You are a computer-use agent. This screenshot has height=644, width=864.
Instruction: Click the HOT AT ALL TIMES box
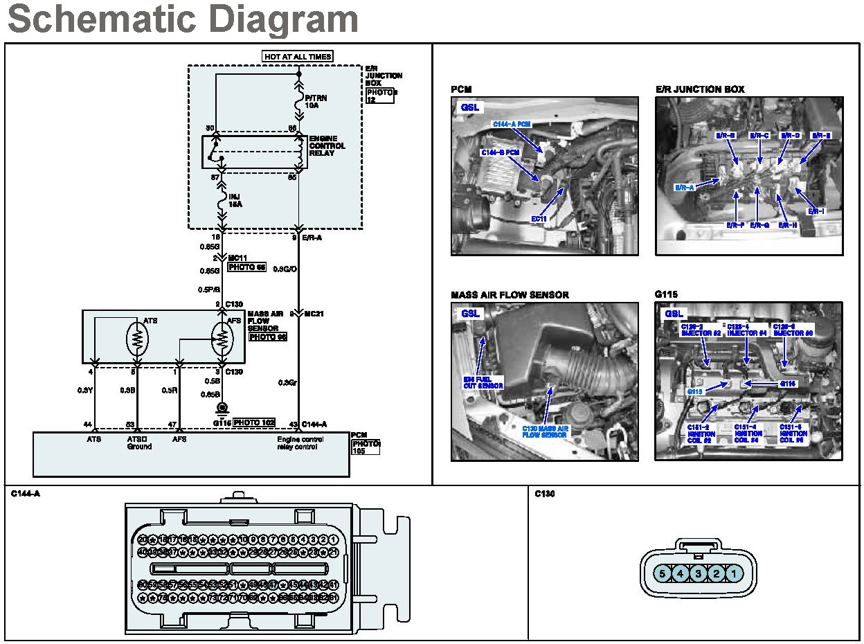coord(298,56)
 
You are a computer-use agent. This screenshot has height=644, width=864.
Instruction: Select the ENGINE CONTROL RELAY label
coord(327,145)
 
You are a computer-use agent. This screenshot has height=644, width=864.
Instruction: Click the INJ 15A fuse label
coord(235,201)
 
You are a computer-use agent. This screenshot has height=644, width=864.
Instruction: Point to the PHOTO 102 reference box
coord(254,422)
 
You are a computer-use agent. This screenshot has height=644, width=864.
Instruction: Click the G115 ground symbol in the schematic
coord(222,408)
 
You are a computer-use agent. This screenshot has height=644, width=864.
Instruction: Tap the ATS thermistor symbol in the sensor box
coord(138,338)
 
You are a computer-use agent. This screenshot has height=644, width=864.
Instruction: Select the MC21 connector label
coord(314,314)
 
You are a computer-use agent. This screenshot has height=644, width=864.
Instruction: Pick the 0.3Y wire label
coord(84,390)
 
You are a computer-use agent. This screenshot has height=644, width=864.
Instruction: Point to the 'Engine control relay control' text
coord(300,443)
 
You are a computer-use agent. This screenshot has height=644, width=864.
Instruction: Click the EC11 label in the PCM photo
coord(540,220)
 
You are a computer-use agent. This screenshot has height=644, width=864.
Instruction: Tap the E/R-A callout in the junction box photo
coord(685,187)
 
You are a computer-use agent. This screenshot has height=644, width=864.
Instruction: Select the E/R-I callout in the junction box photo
coord(818,211)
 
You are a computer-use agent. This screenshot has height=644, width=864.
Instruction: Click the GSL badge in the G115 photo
coord(674,314)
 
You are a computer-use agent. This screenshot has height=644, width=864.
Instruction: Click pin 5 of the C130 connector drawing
coord(663,573)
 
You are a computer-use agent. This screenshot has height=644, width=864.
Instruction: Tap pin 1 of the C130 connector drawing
coord(735,573)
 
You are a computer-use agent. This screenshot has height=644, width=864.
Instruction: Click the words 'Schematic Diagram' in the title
coord(183,19)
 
